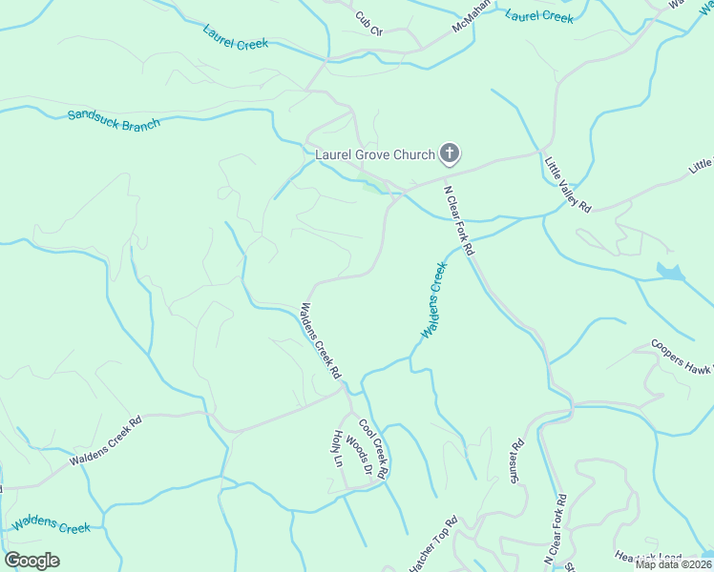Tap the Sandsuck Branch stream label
(114, 119)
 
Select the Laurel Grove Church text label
(375, 153)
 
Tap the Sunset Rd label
(516, 460)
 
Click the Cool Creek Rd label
(373, 448)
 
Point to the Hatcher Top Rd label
(433, 545)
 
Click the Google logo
(31, 561)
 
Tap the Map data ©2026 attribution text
(672, 563)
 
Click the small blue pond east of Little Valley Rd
(670, 272)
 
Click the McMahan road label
(472, 15)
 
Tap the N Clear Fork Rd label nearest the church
(459, 219)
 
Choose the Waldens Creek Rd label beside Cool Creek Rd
(321, 341)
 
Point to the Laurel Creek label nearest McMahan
(539, 16)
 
